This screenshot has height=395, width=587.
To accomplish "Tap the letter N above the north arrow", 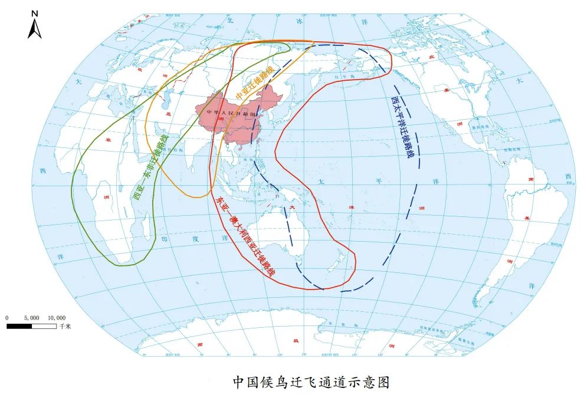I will pos(34,12).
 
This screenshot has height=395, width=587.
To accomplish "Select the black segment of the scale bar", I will pos(19,325).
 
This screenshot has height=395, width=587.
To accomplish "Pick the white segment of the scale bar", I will pos(44,325).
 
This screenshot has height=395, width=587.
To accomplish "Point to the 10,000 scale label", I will pos(57,317).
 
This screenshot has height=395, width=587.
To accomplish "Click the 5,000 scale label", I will pos(31,317).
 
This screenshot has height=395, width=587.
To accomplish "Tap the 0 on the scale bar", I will pos(7,317).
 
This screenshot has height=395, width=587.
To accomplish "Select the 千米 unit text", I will pos(65,326).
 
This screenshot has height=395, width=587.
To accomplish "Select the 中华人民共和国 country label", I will pos(232,111).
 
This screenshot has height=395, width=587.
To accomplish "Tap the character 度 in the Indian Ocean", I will pos(196,239).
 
